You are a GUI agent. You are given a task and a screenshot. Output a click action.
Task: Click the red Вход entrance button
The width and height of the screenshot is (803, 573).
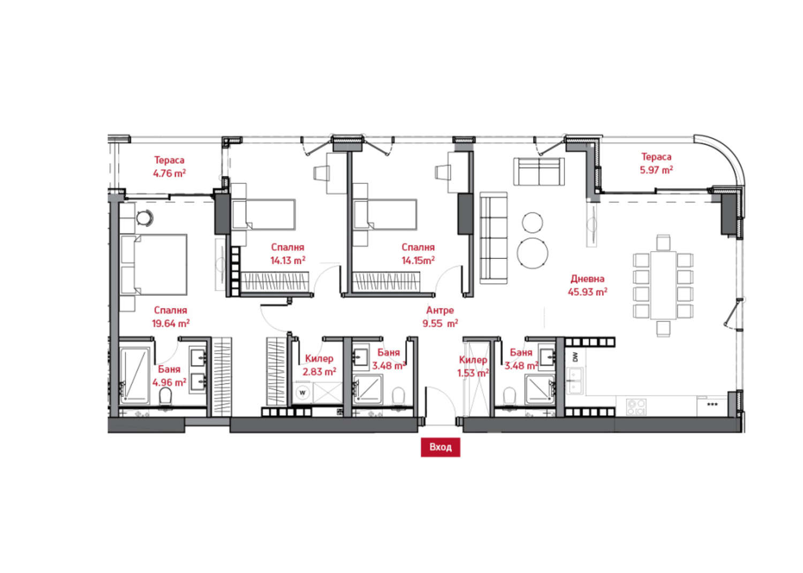coord(440,448)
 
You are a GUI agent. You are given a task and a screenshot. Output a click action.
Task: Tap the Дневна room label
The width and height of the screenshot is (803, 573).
coord(587,279)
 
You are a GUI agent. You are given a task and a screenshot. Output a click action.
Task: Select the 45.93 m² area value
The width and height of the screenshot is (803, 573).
coord(587,292)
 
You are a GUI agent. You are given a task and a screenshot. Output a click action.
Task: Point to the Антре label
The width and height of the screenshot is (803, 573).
coord(440,310)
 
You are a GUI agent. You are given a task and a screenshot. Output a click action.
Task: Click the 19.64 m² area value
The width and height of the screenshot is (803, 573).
coord(170,323)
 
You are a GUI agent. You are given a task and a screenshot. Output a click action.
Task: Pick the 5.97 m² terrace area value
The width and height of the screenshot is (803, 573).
coord(656,170)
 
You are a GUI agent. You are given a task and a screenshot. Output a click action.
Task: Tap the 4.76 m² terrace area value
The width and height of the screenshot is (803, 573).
coord(169,174)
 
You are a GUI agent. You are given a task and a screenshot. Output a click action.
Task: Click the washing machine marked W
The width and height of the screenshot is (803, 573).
coord(302,392)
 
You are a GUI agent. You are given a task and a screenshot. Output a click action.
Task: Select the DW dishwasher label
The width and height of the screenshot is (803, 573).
coord(575,357)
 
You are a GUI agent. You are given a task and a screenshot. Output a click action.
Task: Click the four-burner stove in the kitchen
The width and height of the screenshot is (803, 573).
coord(637,407)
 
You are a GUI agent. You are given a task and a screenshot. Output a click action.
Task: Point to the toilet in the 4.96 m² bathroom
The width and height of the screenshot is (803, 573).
coord(165,396)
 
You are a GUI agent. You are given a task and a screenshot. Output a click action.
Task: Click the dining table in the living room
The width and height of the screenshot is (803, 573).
coord(663,285)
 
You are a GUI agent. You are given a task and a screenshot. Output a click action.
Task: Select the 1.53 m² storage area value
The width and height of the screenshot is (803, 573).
coord(473,374)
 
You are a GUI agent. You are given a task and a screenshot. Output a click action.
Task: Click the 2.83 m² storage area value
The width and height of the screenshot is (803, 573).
coord(319,372)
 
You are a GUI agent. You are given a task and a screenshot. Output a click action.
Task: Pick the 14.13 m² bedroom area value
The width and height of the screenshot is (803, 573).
coord(287,260)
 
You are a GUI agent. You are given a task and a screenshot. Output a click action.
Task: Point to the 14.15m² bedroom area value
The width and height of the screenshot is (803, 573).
coord(418,260)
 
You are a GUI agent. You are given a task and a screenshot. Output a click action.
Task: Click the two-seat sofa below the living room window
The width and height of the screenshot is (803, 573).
coord(539,172)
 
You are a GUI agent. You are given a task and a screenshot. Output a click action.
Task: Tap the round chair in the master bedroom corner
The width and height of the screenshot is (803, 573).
coord(145,218)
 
